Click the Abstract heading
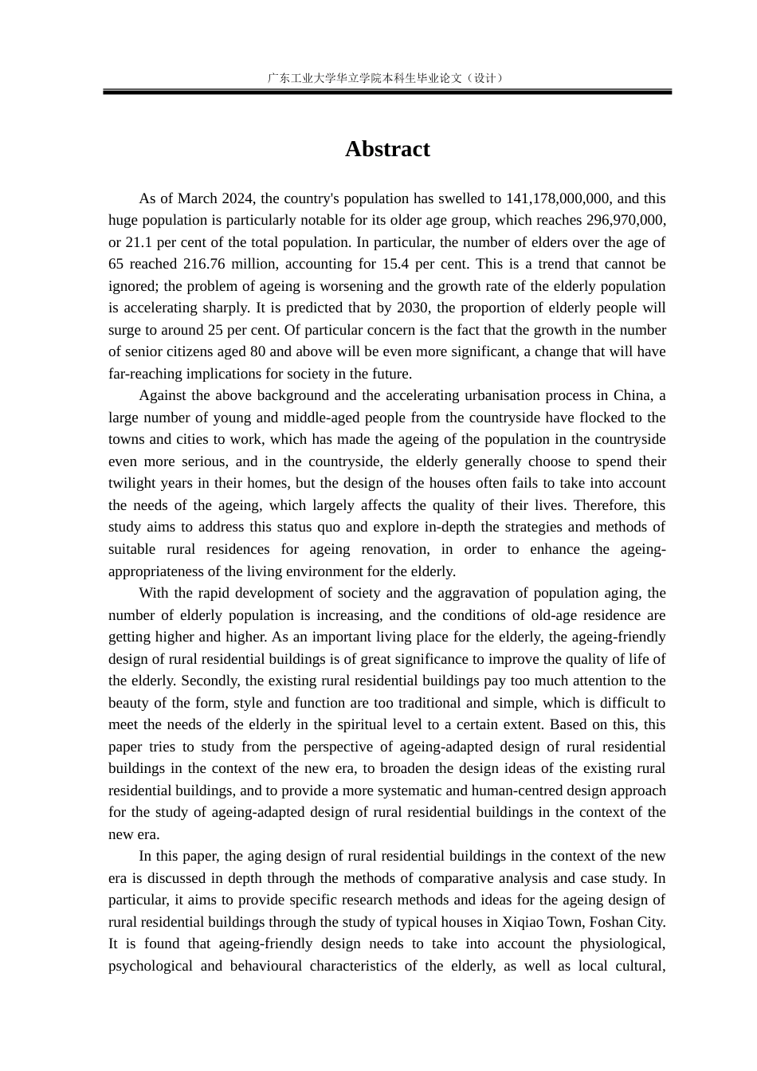point(387,149)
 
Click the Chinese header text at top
point(386,78)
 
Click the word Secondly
point(210,681)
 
